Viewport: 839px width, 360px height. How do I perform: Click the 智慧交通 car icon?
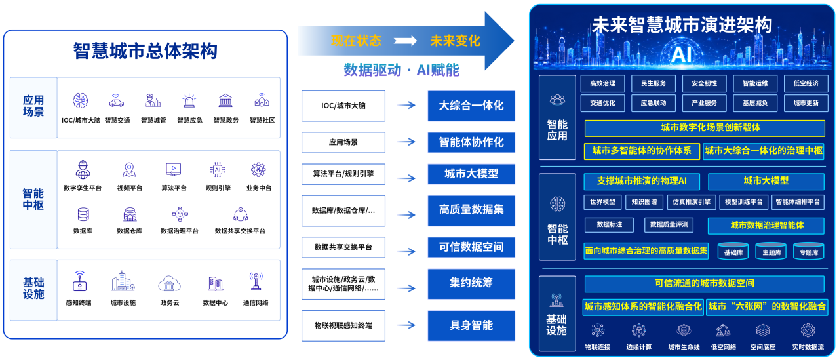pyautogui.click(x=117, y=101)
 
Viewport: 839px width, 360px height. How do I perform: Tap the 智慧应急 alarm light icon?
pyautogui.click(x=189, y=101)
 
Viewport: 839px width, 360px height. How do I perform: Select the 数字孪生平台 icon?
pyautogui.click(x=83, y=170)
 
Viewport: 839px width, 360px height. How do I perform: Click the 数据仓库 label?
pyautogui.click(x=130, y=231)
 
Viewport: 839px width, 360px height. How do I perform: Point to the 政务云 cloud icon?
pyautogui.click(x=169, y=284)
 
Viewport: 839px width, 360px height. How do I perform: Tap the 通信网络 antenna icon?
pyautogui.click(x=256, y=282)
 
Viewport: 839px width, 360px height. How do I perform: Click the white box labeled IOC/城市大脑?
pyautogui.click(x=343, y=106)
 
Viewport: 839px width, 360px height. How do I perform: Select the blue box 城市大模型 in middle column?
pyautogui.click(x=471, y=174)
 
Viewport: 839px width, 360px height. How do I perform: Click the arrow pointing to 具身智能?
pyautogui.click(x=406, y=325)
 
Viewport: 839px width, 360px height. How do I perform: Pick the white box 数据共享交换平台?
pyautogui.click(x=343, y=247)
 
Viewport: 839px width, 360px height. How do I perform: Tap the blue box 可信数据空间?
pyautogui.click(x=471, y=247)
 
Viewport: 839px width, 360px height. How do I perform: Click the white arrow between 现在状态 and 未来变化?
pyautogui.click(x=405, y=41)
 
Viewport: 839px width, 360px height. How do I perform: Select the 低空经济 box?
pyautogui.click(x=806, y=83)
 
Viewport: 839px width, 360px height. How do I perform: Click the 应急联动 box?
pyautogui.click(x=654, y=103)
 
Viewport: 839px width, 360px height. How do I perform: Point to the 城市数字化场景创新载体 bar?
pyautogui.click(x=705, y=128)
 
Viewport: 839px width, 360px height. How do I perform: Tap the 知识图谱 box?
pyautogui.click(x=644, y=202)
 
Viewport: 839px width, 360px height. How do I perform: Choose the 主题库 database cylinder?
pyautogui.click(x=771, y=251)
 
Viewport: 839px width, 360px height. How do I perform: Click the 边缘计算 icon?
pyautogui.click(x=639, y=330)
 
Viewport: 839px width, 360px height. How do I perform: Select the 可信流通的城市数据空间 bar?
pyautogui.click(x=705, y=283)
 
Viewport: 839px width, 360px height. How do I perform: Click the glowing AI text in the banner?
pyautogui.click(x=681, y=54)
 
